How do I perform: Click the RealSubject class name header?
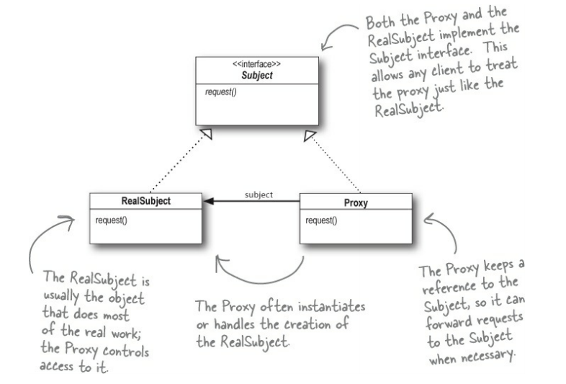(x=146, y=202)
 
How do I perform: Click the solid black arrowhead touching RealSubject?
(x=209, y=202)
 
